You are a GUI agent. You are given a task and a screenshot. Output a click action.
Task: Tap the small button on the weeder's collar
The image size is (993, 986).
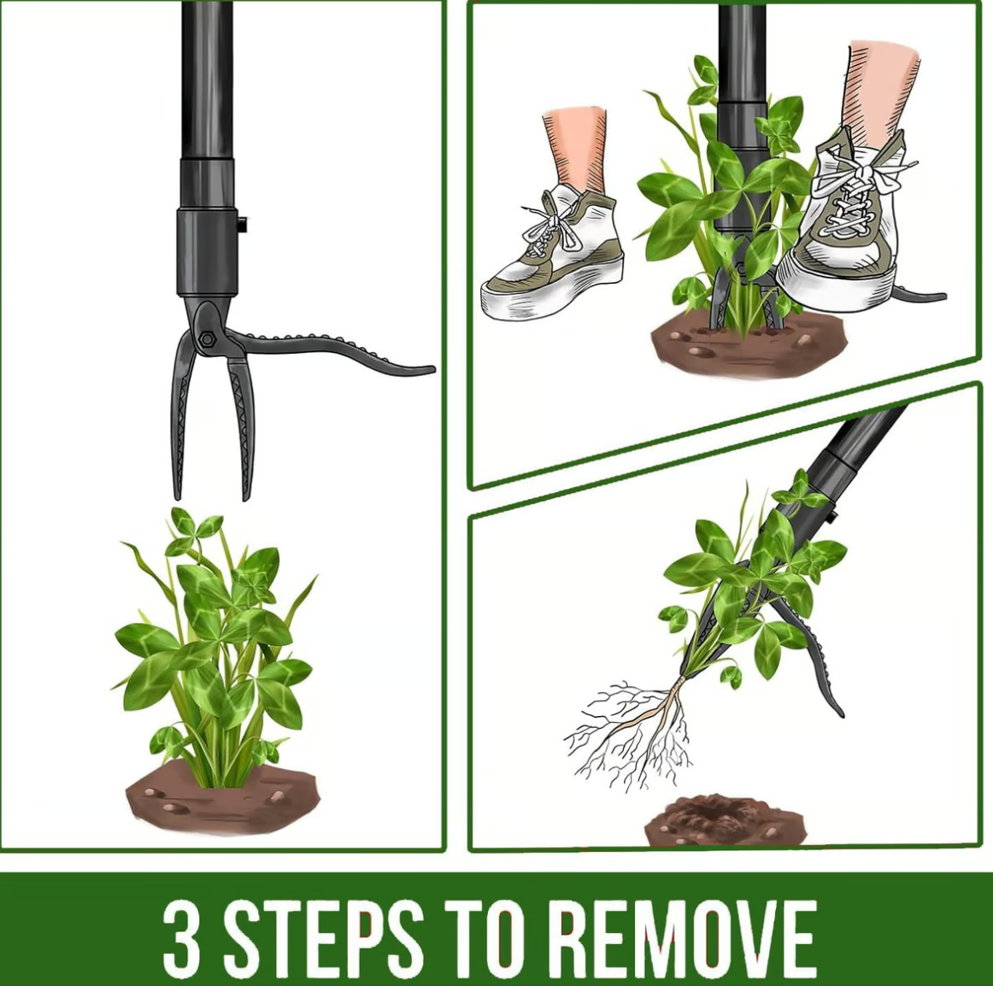[x=242, y=224]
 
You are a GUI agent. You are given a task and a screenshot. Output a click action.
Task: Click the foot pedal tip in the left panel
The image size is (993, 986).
[x=425, y=369]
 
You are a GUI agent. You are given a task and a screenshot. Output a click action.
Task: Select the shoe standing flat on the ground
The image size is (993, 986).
[x=552, y=253]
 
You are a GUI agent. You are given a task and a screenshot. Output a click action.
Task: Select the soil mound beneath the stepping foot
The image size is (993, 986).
[x=747, y=345]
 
